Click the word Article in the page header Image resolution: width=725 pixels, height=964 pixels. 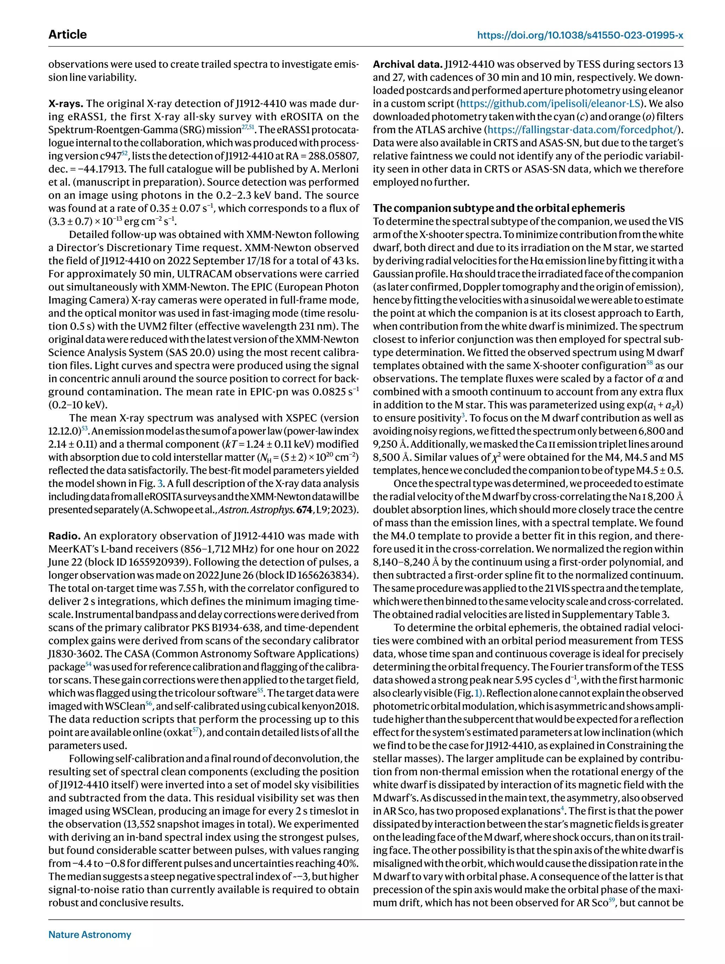point(68,34)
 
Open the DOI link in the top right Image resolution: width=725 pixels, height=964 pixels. point(580,35)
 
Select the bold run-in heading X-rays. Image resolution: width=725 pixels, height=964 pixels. point(66,104)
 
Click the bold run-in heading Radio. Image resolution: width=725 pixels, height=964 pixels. point(64,536)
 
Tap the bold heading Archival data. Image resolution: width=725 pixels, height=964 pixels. point(407,64)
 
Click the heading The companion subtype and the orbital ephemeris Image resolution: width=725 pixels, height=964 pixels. point(498,208)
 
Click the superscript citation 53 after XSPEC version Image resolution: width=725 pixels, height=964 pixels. point(85,428)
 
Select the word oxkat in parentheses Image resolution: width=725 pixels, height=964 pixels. point(178,733)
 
